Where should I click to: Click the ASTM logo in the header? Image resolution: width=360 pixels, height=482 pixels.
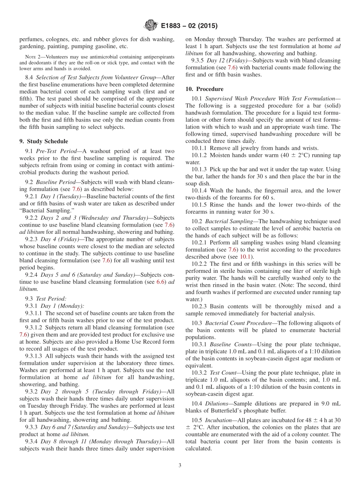[x=150, y=26]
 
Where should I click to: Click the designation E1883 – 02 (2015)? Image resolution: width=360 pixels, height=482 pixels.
[x=189, y=26]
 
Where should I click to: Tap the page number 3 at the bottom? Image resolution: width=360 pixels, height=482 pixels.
[x=180, y=465]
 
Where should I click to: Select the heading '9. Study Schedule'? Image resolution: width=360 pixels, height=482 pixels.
[x=44, y=141]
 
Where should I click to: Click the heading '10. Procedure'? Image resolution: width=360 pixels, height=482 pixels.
[x=204, y=89]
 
